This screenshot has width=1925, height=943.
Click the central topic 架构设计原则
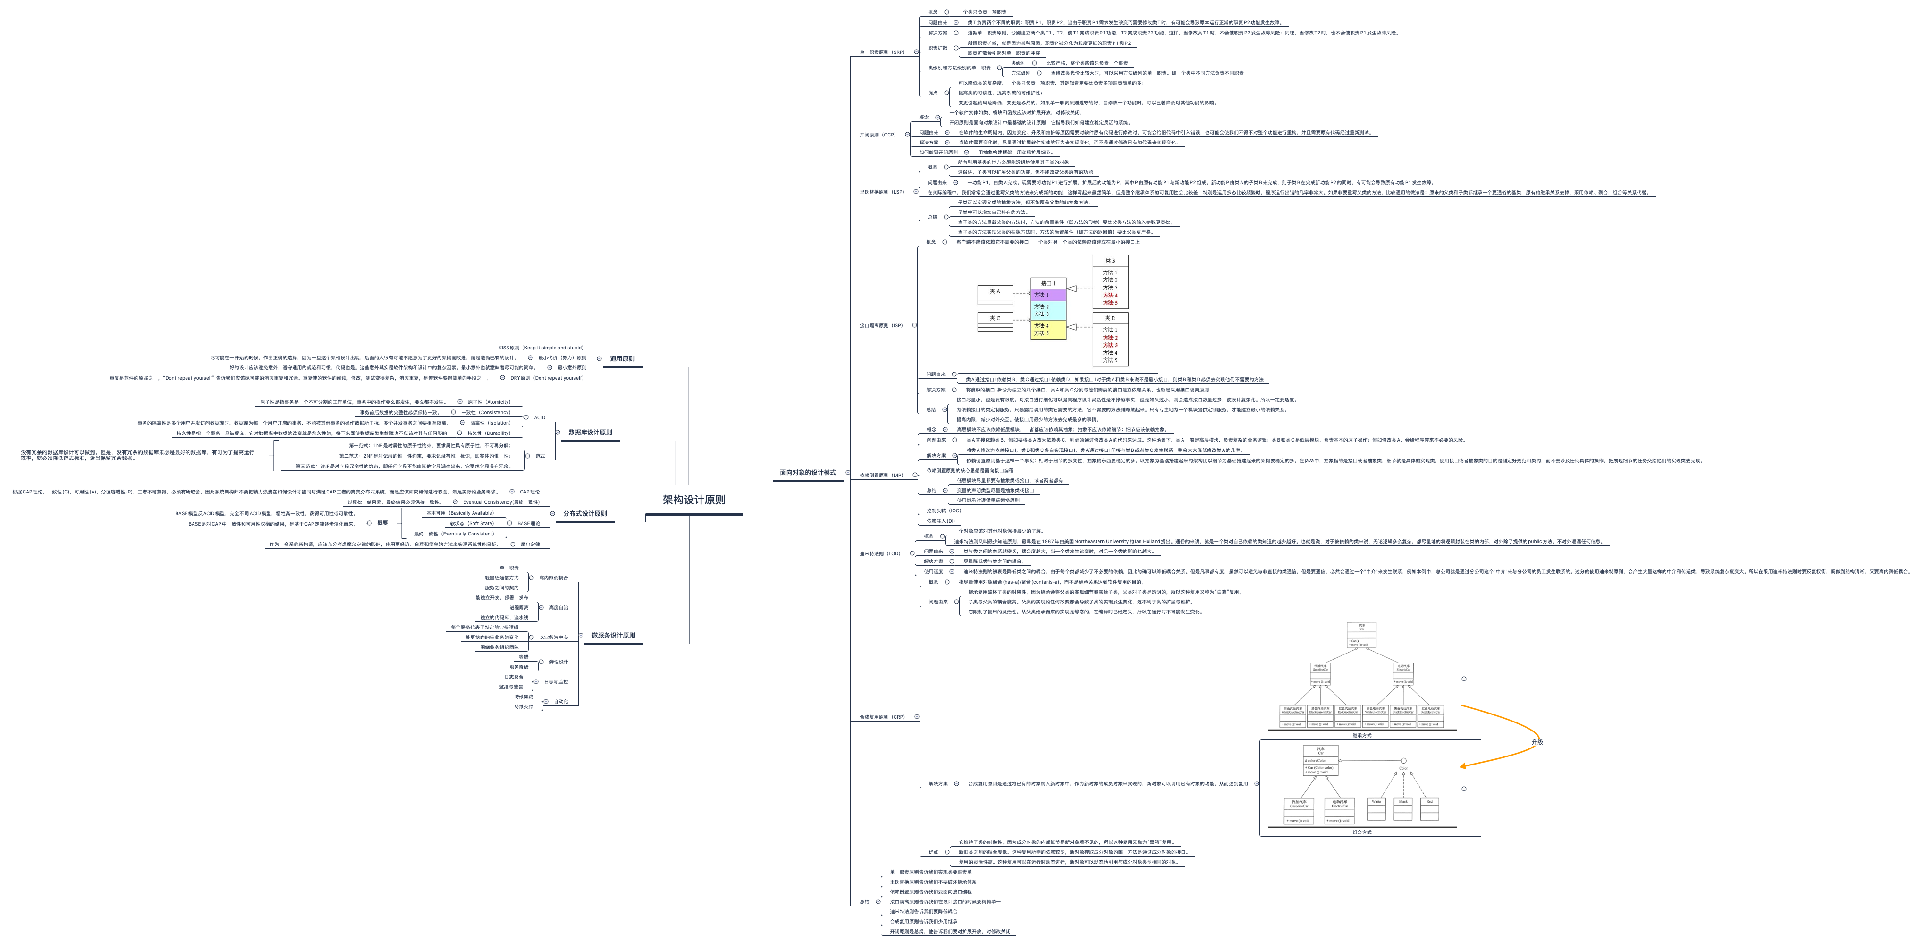(x=693, y=500)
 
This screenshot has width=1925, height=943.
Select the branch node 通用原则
(x=622, y=359)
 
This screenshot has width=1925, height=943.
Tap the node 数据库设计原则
(x=590, y=432)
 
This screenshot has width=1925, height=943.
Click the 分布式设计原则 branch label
(x=584, y=514)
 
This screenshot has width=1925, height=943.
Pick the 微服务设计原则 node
(x=613, y=636)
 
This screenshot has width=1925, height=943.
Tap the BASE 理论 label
(x=528, y=524)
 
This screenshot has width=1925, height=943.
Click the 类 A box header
(x=995, y=291)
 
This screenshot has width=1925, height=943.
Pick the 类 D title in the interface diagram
(x=1110, y=318)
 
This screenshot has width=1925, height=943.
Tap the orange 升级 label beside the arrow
(x=1537, y=742)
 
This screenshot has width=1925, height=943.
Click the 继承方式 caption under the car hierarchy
(x=1361, y=735)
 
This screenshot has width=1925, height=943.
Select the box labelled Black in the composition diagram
(x=1402, y=802)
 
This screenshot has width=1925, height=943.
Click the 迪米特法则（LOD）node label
(x=879, y=553)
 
